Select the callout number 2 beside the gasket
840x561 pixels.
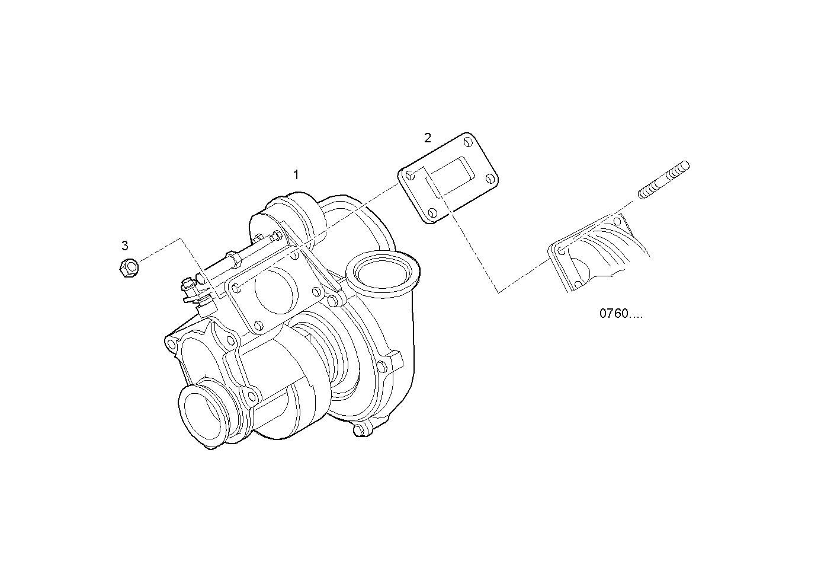pos(428,138)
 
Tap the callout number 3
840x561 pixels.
pos(124,246)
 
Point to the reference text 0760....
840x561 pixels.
pos(620,314)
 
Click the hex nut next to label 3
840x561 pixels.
pos(129,268)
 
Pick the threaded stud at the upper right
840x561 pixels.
pos(663,179)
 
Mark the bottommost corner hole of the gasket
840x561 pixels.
pos(432,213)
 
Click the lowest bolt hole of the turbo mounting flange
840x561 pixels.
pos(257,325)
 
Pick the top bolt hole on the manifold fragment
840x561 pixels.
pos(617,221)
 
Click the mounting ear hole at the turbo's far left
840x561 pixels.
pos(172,344)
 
